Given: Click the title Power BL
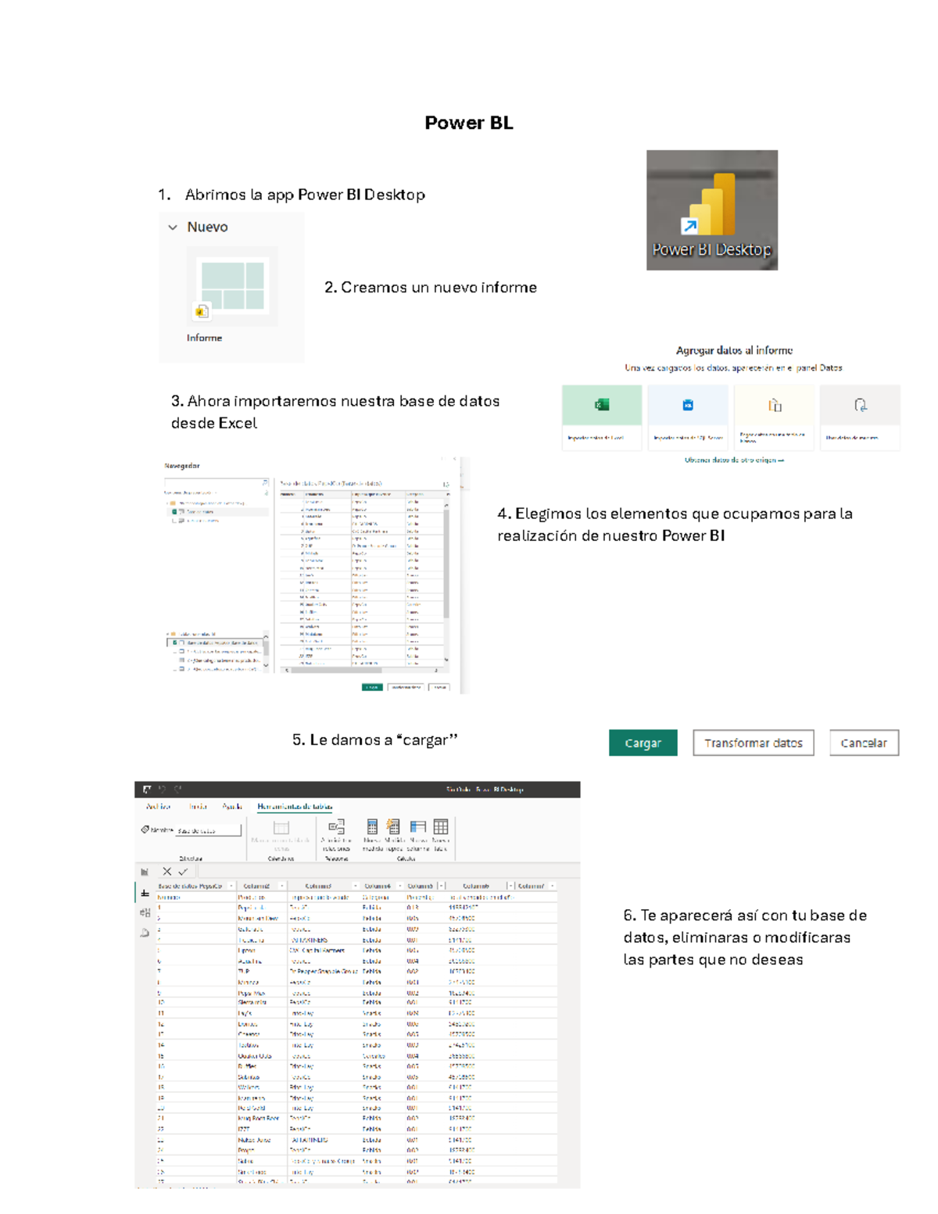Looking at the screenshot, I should tap(468, 123).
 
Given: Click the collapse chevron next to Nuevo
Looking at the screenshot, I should tap(173, 227).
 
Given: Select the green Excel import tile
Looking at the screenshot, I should tap(601, 405).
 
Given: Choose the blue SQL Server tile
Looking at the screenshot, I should tap(688, 405).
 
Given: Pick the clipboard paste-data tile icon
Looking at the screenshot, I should tap(775, 405).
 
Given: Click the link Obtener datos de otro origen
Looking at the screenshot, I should tap(733, 460).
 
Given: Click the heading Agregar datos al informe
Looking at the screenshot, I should tap(734, 350).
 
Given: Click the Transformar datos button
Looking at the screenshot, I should tap(753, 743).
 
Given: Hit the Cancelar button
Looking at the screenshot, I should tap(864, 743).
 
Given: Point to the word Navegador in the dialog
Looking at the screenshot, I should tap(182, 466).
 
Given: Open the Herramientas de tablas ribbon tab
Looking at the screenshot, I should tap(295, 806).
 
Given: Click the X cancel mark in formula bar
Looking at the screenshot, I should tap(166, 872).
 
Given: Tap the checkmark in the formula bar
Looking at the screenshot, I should tap(183, 872).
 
